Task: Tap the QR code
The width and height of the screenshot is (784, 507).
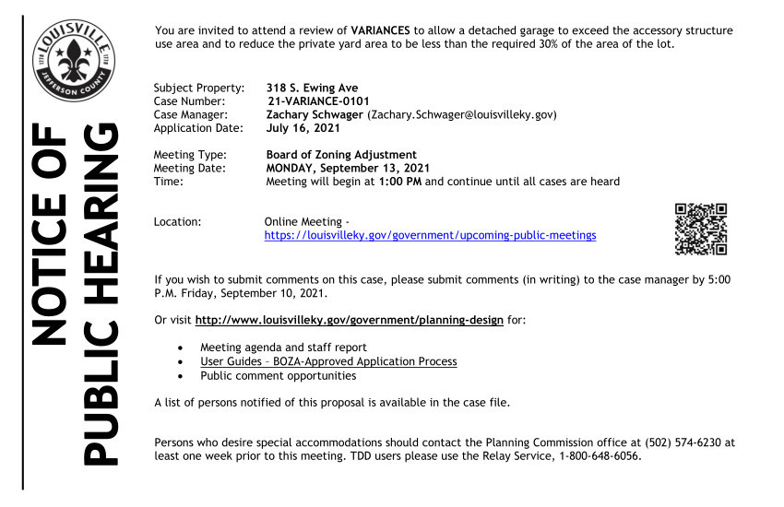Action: pos(701,229)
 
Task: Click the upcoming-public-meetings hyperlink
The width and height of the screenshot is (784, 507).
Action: pos(430,235)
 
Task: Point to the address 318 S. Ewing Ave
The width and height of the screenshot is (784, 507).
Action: pos(312,88)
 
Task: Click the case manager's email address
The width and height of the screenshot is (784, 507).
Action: pos(462,114)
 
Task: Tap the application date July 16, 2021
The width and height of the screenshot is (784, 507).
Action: pos(303,128)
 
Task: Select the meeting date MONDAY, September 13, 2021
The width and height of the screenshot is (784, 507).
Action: pos(348,168)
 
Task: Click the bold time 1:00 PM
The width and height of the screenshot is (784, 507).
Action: pos(399,182)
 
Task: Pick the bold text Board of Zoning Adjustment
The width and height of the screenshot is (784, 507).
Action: pos(341,155)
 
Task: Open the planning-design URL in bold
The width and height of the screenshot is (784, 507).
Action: pos(350,320)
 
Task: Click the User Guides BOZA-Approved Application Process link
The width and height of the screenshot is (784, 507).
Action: pos(328,361)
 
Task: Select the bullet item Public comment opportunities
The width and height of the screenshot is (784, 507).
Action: pos(278,375)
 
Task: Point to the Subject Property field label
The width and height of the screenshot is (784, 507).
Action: pos(198,88)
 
